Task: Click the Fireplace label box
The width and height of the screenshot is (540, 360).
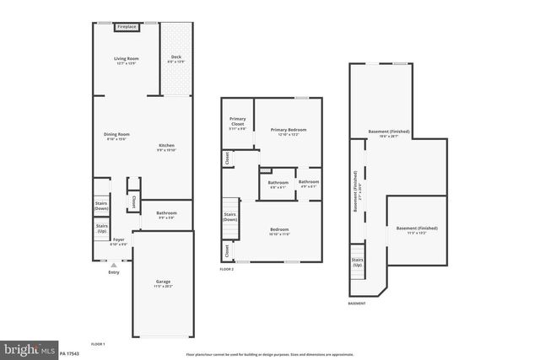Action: click(x=127, y=27)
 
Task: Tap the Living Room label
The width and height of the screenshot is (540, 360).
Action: click(x=126, y=60)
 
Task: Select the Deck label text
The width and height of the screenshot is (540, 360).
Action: click(x=175, y=60)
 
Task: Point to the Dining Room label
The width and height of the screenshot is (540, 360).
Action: click(x=117, y=137)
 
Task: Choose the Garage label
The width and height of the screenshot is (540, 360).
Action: click(x=163, y=283)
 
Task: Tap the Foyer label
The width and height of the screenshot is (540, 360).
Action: click(x=119, y=241)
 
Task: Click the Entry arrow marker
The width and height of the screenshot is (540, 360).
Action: click(x=114, y=265)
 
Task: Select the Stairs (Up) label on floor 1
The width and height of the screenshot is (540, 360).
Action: click(x=101, y=228)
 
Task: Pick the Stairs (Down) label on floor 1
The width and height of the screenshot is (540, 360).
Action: click(x=101, y=206)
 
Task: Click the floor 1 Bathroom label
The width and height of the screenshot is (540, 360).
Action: click(x=166, y=215)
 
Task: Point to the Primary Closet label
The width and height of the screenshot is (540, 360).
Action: click(x=238, y=124)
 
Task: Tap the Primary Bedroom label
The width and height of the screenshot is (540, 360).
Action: click(x=288, y=132)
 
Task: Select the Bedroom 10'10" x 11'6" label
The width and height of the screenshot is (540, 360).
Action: click(x=279, y=231)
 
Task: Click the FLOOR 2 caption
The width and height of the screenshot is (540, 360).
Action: click(x=226, y=269)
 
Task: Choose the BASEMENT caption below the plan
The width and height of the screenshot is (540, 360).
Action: click(x=357, y=303)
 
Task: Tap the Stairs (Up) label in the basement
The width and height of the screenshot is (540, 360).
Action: click(x=357, y=262)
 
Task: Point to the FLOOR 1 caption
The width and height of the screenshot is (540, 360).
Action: click(x=97, y=345)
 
